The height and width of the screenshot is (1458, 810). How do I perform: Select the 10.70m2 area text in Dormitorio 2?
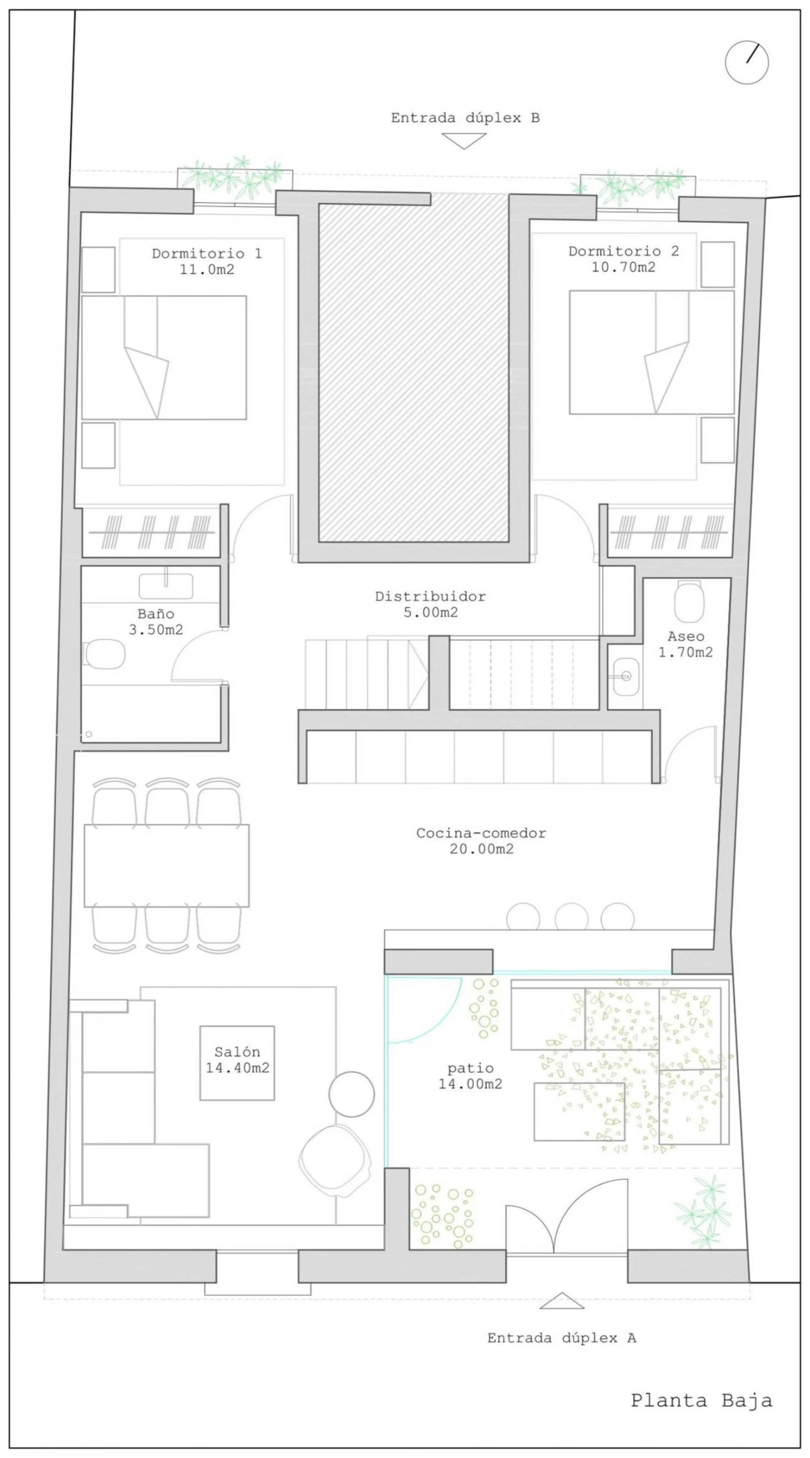[623, 267]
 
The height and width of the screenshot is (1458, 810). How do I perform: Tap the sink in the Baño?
[166, 586]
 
